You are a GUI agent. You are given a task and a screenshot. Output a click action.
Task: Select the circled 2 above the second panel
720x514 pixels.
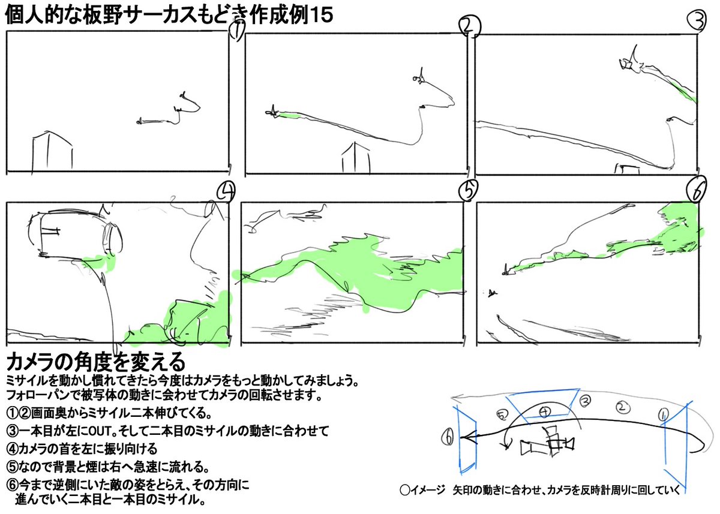click(x=469, y=26)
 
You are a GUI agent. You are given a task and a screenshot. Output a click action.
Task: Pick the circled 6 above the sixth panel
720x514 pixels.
click(x=698, y=191)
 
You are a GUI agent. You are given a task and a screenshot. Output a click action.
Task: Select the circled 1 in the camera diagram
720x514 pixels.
click(x=664, y=414)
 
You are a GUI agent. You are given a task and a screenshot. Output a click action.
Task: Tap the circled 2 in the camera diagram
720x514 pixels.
click(x=623, y=407)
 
